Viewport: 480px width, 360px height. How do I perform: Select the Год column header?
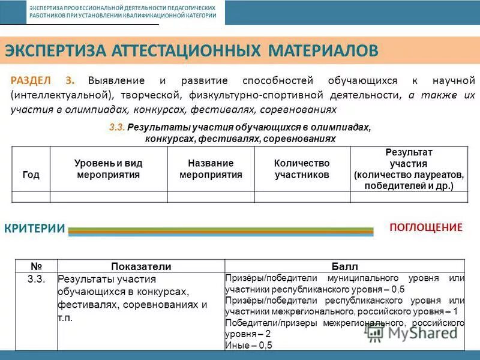31,175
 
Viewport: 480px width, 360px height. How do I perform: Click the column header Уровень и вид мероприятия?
108,169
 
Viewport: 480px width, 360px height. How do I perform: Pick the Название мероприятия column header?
211,169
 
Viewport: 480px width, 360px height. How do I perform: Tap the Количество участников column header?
302,169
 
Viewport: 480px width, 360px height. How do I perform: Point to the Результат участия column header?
408,169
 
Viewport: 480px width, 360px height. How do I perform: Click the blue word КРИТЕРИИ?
34,228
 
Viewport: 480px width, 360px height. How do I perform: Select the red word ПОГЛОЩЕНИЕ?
426,227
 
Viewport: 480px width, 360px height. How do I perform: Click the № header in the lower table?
36,266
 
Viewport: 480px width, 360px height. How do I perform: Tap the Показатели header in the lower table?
141,266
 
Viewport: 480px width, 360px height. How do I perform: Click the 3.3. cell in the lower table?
37,278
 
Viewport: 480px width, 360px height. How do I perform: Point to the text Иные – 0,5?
249,345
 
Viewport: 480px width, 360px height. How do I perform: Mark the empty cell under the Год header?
31,196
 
